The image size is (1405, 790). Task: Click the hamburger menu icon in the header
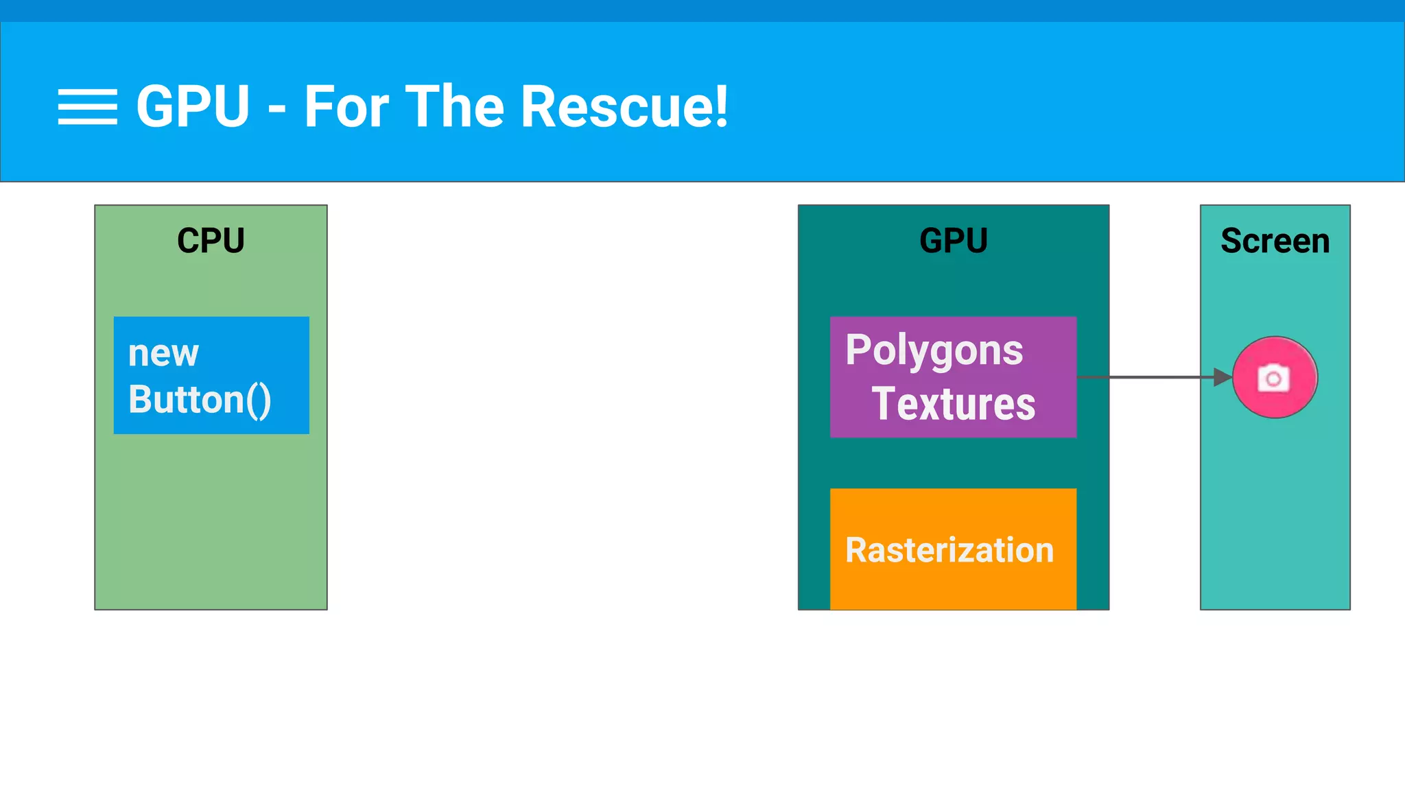[87, 107]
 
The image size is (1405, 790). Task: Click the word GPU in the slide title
[193, 107]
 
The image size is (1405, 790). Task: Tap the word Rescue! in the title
[624, 107]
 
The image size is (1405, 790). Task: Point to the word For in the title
[346, 107]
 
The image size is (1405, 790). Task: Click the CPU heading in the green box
[211, 241]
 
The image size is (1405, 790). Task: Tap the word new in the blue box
[163, 354]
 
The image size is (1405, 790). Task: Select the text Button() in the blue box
[200, 400]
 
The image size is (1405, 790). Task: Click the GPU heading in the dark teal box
[953, 241]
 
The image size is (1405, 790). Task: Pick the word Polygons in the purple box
[934, 351]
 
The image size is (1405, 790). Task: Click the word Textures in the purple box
[953, 403]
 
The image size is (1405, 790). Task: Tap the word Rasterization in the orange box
[949, 550]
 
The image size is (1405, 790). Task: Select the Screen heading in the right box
[1275, 241]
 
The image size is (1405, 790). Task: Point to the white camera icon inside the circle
[1273, 378]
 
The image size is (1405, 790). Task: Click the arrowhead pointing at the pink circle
[1223, 377]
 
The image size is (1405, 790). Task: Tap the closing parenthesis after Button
[264, 401]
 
